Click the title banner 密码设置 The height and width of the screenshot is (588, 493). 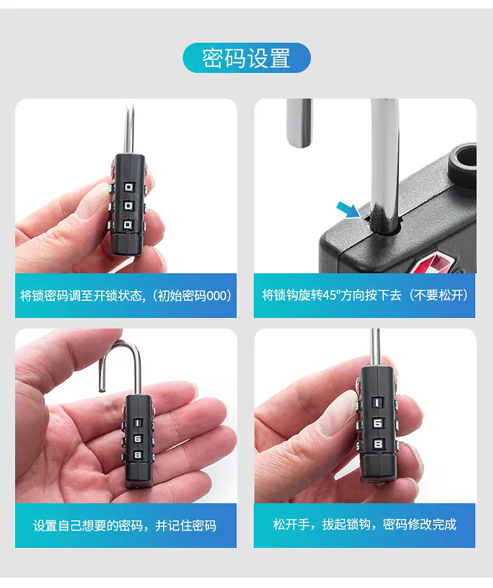pos(246,58)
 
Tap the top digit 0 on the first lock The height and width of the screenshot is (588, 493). pos(129,187)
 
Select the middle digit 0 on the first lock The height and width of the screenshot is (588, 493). pos(129,206)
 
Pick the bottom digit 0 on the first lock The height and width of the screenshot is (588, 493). pos(128,224)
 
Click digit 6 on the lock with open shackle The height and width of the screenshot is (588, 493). pos(137,439)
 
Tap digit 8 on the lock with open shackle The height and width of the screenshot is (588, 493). pos(137,455)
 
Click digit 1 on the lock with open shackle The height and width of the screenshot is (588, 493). pos(137,423)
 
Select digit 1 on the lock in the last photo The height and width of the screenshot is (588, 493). pos(378,403)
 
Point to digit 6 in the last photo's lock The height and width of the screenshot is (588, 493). pos(378,423)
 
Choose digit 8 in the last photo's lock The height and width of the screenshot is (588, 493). pos(378,444)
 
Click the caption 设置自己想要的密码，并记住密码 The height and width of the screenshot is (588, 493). pos(125,526)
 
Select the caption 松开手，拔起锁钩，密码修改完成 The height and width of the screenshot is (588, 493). pos(365,524)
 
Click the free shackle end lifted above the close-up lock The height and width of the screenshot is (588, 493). pos(299,143)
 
